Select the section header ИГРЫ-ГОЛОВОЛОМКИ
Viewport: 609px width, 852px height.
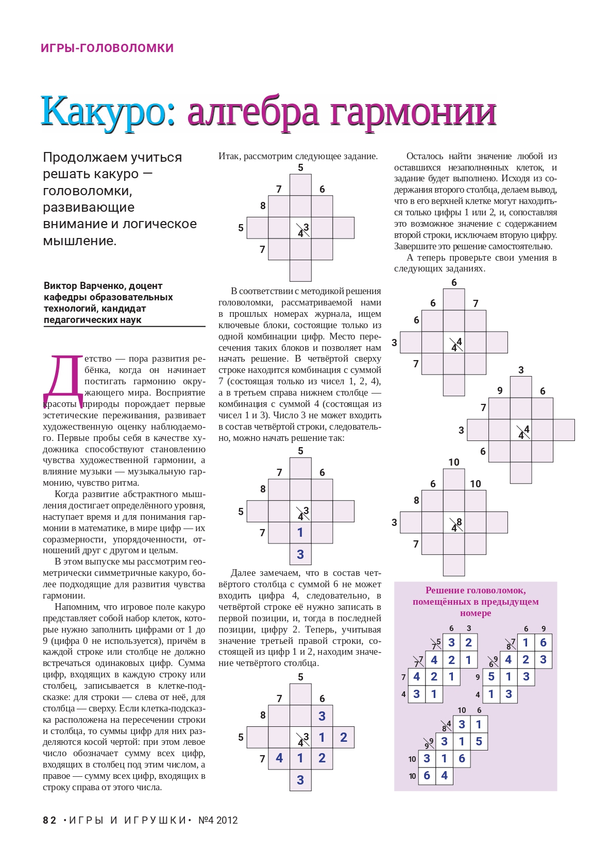107,48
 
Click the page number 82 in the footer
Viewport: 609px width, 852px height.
49,820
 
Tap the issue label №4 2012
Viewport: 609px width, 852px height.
218,820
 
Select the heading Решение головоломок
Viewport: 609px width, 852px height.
475,590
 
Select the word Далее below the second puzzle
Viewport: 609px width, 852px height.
243,573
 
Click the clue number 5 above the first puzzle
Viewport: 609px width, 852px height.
300,167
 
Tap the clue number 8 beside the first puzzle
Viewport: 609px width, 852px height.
263,206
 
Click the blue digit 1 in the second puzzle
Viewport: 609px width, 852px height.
300,533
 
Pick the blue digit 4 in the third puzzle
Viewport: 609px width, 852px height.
279,758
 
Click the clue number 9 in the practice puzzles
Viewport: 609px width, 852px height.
500,390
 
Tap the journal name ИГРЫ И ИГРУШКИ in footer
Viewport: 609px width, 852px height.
127,820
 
